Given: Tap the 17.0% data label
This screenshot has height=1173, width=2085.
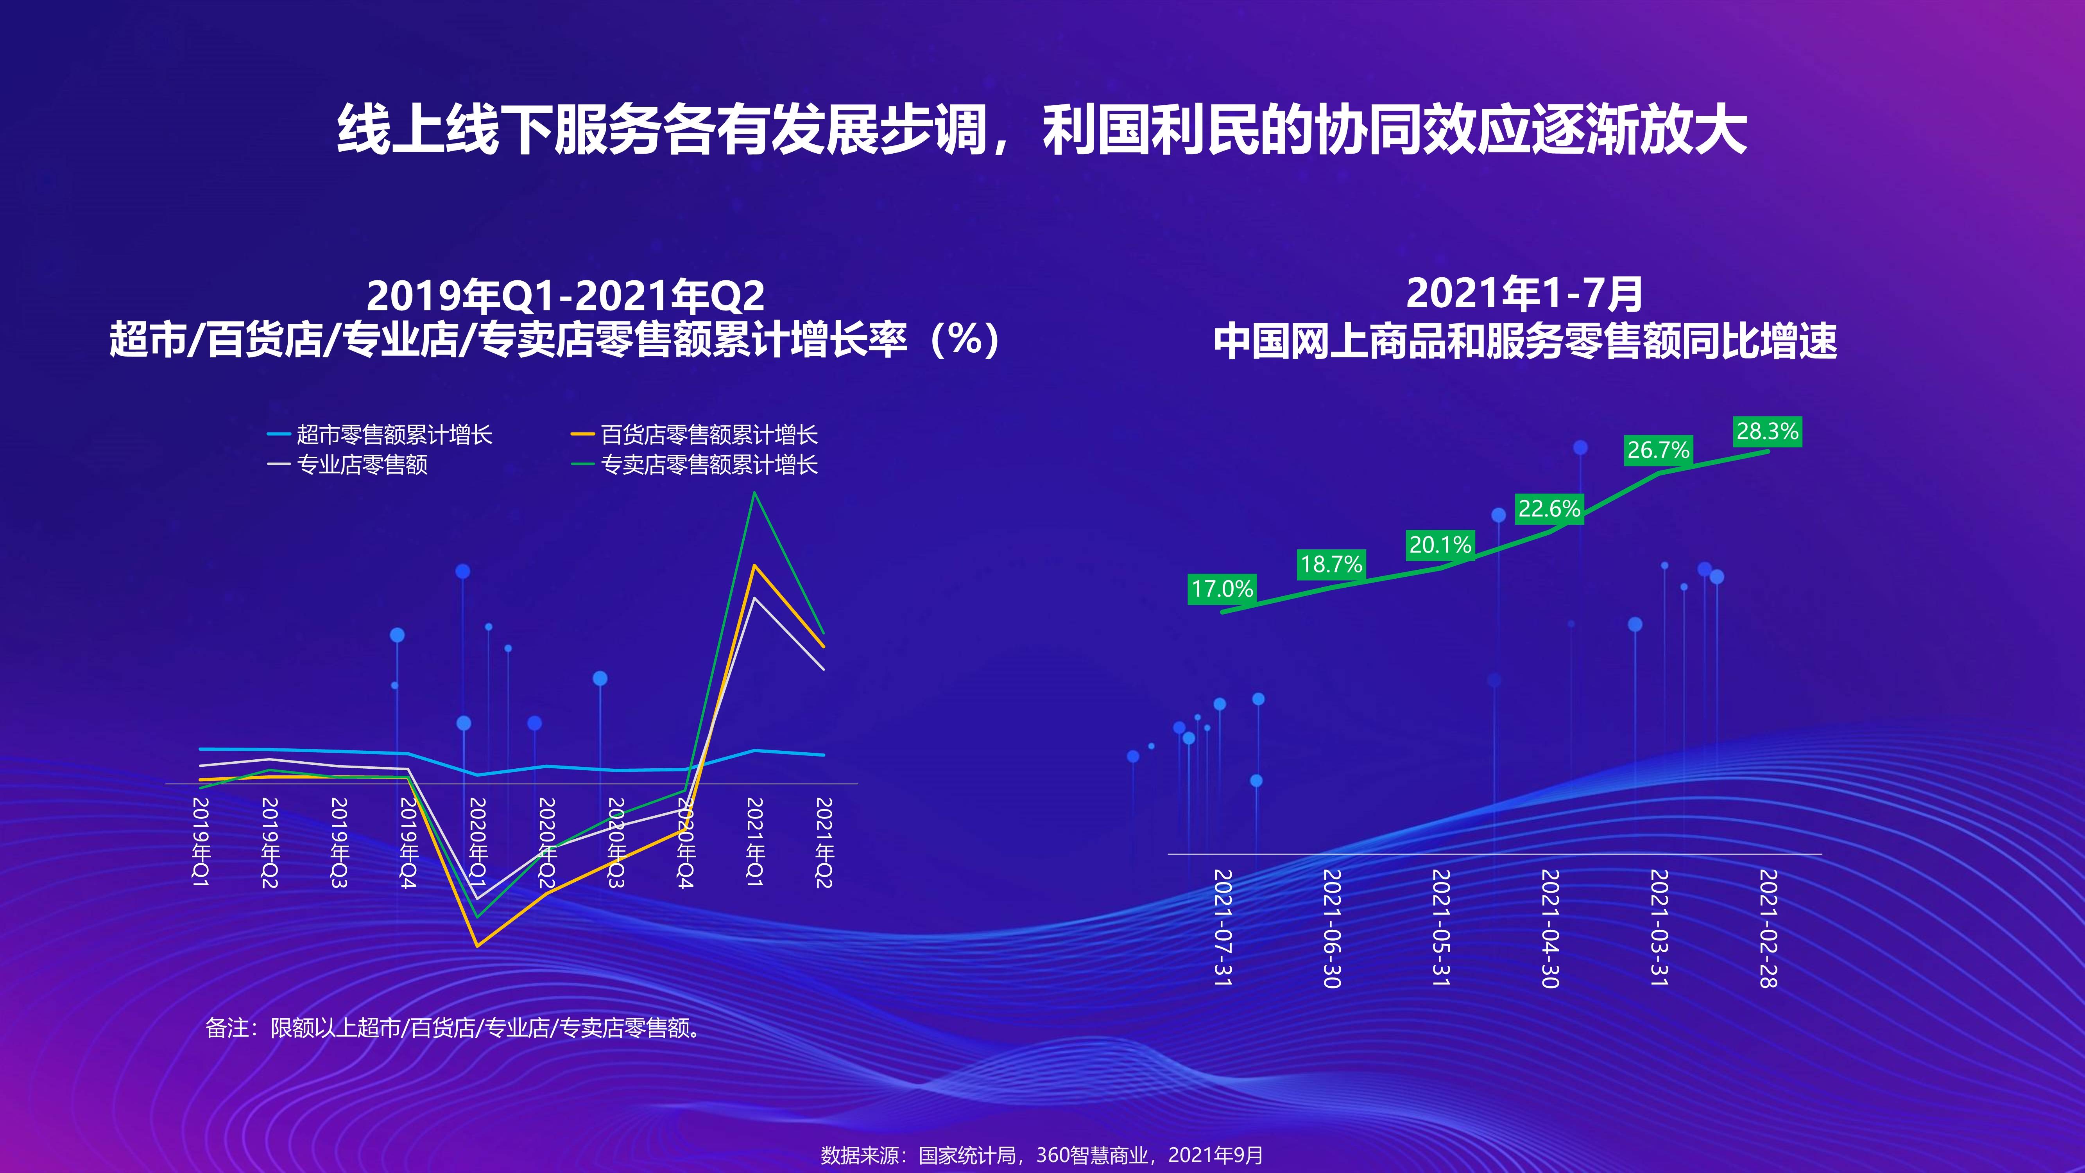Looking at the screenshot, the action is tap(1222, 588).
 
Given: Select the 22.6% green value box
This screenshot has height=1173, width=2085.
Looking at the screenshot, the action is tap(1549, 509).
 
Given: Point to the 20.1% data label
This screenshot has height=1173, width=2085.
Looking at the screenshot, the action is tap(1440, 545).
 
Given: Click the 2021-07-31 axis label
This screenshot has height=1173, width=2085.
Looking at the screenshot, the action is tap(1223, 928).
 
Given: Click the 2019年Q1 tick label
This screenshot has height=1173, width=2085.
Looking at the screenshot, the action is tap(201, 842).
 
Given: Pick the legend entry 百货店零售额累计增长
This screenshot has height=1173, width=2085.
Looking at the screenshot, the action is tap(695, 435).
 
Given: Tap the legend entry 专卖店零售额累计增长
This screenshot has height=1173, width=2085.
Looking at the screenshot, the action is tap(695, 465).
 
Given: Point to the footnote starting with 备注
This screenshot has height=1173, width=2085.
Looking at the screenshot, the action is tap(453, 1028).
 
